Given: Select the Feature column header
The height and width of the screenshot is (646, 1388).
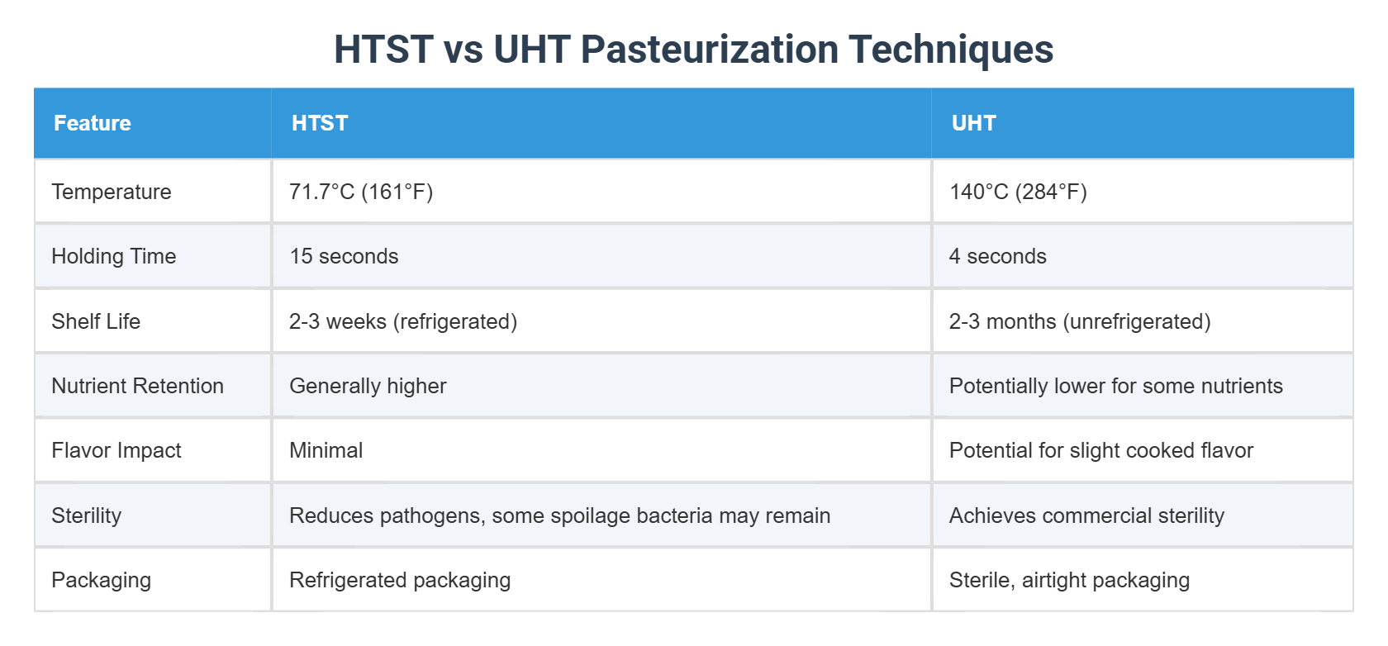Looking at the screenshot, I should tap(93, 123).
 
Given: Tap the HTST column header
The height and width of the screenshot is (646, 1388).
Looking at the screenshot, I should tap(320, 123).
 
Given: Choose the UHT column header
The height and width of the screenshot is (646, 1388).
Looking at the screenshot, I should tap(973, 123).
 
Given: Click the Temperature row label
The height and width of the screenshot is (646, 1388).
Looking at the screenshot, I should tap(112, 192).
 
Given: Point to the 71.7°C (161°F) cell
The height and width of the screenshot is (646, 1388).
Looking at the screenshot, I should tap(361, 192).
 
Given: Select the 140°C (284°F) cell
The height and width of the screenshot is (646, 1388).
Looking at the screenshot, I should tap(1018, 192).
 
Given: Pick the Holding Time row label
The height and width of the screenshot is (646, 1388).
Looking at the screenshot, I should tap(114, 256).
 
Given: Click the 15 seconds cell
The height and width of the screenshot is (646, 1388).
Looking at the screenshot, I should tap(344, 256).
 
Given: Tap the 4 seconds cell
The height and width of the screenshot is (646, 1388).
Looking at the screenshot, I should tap(997, 256).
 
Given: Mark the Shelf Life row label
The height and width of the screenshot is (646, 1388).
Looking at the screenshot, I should tap(96, 321).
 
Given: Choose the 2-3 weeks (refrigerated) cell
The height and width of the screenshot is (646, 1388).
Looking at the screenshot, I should tap(403, 321).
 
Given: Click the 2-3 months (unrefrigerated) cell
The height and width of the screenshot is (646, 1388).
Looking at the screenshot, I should tap(1079, 321).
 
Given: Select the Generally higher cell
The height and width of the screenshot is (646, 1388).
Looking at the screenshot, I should tap(368, 386).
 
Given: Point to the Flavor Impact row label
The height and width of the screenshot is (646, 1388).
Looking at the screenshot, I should tap(116, 450).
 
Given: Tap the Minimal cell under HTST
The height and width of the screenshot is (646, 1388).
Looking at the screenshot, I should tap(326, 450).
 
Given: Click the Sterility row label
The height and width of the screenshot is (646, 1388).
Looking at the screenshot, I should tap(87, 515).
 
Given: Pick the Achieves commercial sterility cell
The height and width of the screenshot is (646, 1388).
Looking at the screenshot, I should tap(1086, 515).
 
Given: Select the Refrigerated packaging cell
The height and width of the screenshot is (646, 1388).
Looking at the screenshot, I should tap(400, 580).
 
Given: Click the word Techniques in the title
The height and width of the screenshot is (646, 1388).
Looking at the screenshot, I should tap(950, 50).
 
